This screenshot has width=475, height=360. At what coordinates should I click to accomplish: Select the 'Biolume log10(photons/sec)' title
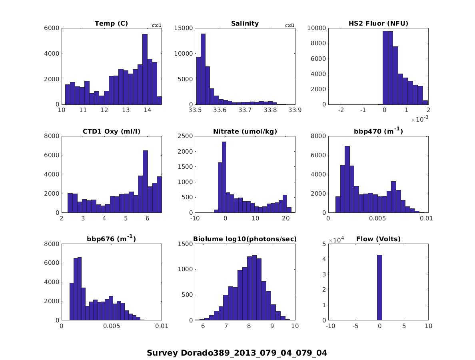click(x=245, y=239)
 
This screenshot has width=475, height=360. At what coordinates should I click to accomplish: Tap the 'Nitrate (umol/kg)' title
click(x=245, y=131)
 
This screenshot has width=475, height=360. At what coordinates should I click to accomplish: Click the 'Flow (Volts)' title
click(x=378, y=239)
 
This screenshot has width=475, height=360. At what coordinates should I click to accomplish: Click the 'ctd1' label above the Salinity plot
click(x=289, y=26)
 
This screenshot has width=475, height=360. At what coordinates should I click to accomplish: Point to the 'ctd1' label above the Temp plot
click(x=156, y=26)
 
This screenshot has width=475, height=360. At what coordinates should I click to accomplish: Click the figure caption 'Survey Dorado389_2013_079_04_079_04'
click(x=237, y=353)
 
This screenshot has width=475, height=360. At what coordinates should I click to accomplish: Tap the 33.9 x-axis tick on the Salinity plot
click(x=295, y=110)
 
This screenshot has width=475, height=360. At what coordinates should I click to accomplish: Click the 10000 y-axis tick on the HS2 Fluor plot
click(x=316, y=28)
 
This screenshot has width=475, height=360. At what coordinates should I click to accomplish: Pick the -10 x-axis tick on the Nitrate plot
click(x=195, y=218)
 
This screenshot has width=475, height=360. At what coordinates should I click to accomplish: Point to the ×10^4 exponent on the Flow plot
click(x=337, y=240)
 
